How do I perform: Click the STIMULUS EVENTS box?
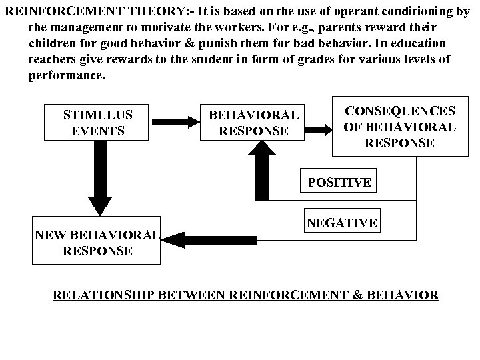coord(97,123)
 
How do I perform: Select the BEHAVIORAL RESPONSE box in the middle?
coord(253,123)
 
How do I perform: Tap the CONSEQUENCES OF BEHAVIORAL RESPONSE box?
coord(400,126)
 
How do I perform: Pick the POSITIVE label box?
coord(339,182)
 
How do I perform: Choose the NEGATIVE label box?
coord(342,223)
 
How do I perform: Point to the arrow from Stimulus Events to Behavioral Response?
coord(171,122)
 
